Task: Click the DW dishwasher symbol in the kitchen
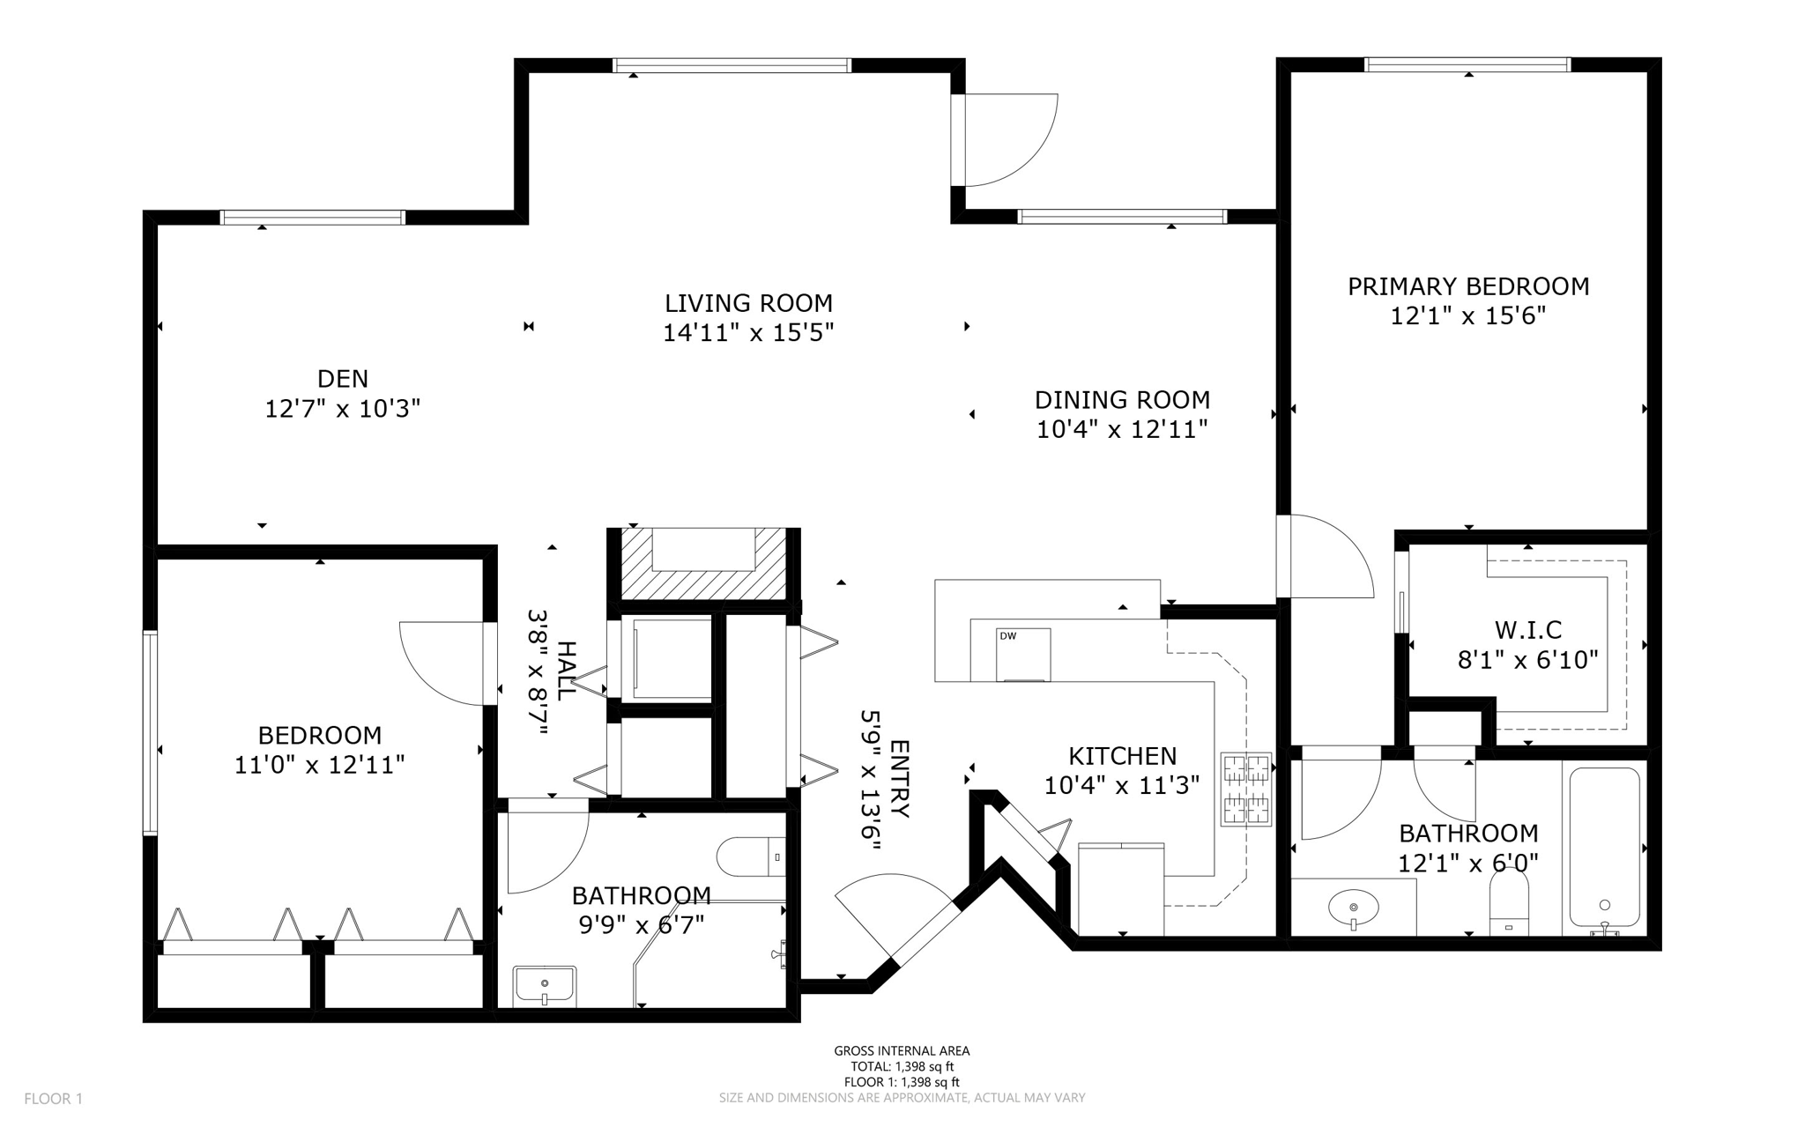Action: click(1023, 654)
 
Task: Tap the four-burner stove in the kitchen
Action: click(1246, 789)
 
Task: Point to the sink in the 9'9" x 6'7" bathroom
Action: click(545, 984)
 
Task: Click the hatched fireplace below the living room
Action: click(702, 564)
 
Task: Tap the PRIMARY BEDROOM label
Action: click(1468, 286)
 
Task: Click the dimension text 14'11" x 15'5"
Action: click(748, 333)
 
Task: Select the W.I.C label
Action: click(1527, 630)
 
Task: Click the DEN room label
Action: click(342, 379)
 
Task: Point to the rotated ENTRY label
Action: click(899, 780)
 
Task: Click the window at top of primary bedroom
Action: click(1467, 64)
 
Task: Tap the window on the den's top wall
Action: click(312, 218)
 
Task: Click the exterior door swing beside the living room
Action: click(1009, 141)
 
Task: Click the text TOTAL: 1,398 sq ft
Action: click(902, 1066)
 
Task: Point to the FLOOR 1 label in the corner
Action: click(53, 1099)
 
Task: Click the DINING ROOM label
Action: click(1122, 400)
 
